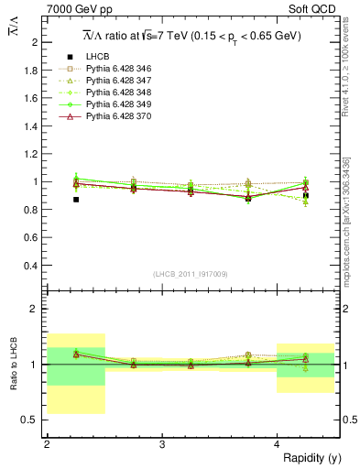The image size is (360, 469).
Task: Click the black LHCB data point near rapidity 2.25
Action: (76, 199)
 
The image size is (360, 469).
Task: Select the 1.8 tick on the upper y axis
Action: (33, 70)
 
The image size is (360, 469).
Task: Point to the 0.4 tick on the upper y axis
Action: (33, 266)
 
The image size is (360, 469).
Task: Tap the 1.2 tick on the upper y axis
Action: (33, 154)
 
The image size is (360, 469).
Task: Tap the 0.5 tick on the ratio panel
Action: (31, 420)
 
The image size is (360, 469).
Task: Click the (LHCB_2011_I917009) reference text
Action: (191, 273)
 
